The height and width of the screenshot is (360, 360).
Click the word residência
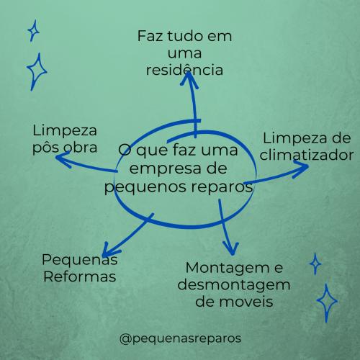pos(184,70)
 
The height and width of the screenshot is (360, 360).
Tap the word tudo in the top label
pos(185,36)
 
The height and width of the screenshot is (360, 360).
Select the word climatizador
pos(307,155)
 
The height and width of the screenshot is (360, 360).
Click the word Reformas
pos(80,276)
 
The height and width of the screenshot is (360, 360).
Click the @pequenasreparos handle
pos(180,339)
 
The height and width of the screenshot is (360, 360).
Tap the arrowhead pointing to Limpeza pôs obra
pos(63,159)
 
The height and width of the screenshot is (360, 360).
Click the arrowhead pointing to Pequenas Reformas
pos(109,250)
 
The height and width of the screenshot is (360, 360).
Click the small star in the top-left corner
pos(33,31)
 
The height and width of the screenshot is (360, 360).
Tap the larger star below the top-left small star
pos(37,71)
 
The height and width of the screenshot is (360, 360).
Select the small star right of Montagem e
pos(315,264)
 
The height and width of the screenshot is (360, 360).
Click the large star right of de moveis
pos(327,303)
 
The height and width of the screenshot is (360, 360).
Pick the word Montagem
pos(228,269)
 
